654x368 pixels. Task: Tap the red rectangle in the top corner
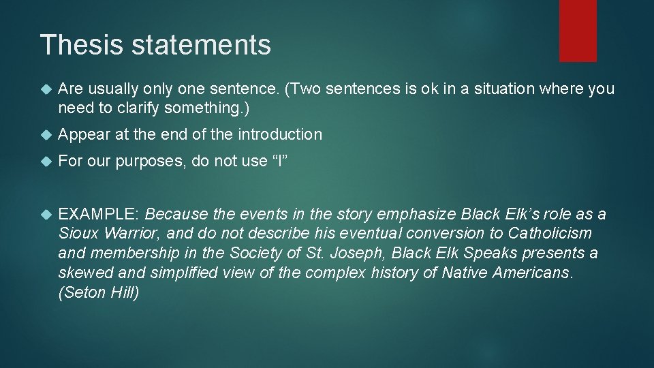coord(578,30)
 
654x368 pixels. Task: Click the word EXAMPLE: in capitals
coord(99,215)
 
